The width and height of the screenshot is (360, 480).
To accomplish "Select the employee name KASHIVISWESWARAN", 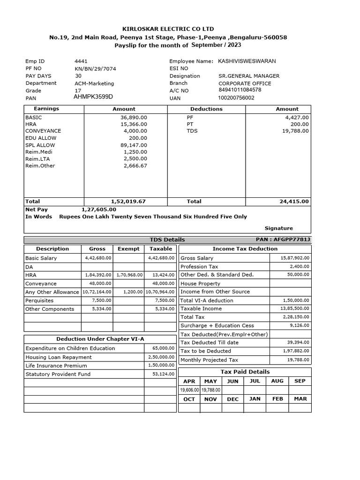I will click(x=247, y=61).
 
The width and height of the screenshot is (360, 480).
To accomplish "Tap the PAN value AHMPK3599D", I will click(x=93, y=97).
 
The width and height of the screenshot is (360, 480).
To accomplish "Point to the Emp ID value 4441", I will click(x=81, y=61).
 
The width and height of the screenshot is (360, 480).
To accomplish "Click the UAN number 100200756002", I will click(x=236, y=98).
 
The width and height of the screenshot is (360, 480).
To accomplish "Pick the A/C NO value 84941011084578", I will click(x=240, y=90).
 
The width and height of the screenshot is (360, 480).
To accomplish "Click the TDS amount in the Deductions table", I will click(x=295, y=131).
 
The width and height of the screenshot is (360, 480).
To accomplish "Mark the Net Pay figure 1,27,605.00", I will click(x=99, y=210).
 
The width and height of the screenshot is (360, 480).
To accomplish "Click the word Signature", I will click(x=278, y=228).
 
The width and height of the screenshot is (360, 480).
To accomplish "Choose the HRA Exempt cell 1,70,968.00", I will click(x=129, y=275).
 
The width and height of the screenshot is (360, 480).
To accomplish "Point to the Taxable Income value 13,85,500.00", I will click(x=295, y=309).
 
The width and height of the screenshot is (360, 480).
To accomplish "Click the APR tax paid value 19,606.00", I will click(x=189, y=390).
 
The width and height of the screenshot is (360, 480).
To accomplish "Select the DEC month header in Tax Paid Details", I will click(x=232, y=399).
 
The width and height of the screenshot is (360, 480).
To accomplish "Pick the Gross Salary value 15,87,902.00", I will click(x=295, y=258).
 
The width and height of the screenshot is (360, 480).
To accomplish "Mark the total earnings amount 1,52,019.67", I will click(x=128, y=201).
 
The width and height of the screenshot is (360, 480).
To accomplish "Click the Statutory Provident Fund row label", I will click(x=58, y=374).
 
